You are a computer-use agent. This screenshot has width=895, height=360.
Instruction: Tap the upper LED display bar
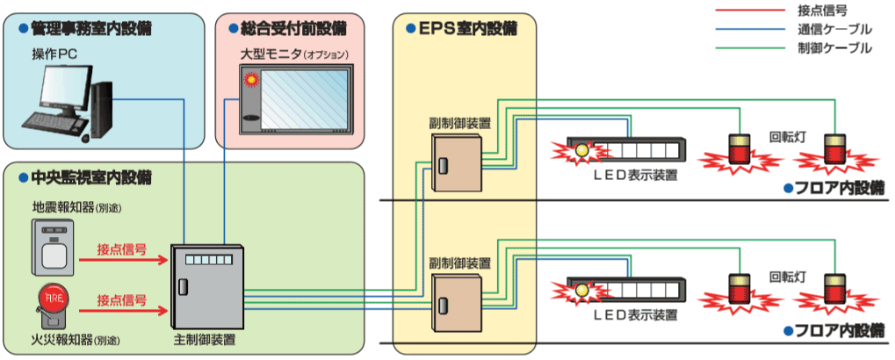(624, 149)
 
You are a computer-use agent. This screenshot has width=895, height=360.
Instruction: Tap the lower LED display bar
(624, 289)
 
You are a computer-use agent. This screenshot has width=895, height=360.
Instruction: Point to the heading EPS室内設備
(466, 28)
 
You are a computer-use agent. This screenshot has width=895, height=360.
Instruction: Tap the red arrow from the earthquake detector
(122, 260)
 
